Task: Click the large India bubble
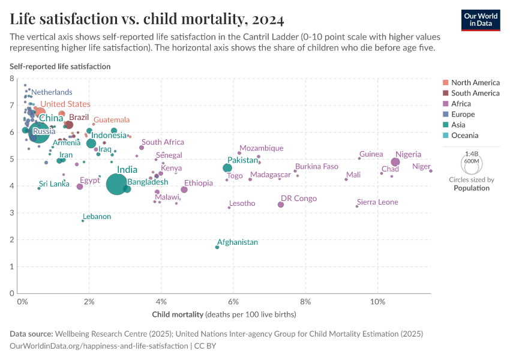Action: tap(116, 184)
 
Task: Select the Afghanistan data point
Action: tap(217, 247)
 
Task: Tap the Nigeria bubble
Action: tap(395, 162)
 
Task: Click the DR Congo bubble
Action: tap(281, 205)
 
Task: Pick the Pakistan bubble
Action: tap(227, 168)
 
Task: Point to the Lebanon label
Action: tap(97, 217)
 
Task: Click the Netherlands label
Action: tap(52, 92)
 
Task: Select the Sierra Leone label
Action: tap(377, 202)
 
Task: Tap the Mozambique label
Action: tap(261, 148)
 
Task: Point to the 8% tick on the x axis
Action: tap(306, 301)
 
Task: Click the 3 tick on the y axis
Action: tap(12, 213)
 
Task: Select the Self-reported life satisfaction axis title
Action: tap(60, 67)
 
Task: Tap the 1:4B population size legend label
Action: tap(471, 154)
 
